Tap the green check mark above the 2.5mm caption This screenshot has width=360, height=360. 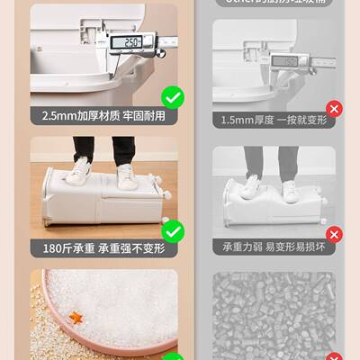pos(172,97)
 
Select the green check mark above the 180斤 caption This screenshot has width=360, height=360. pos(172,233)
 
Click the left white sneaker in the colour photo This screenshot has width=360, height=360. pos(81,171)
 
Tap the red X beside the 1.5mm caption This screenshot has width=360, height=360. pos(334,110)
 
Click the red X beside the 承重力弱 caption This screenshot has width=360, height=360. pos(334,236)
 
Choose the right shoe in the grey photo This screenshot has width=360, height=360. pos(290,190)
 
